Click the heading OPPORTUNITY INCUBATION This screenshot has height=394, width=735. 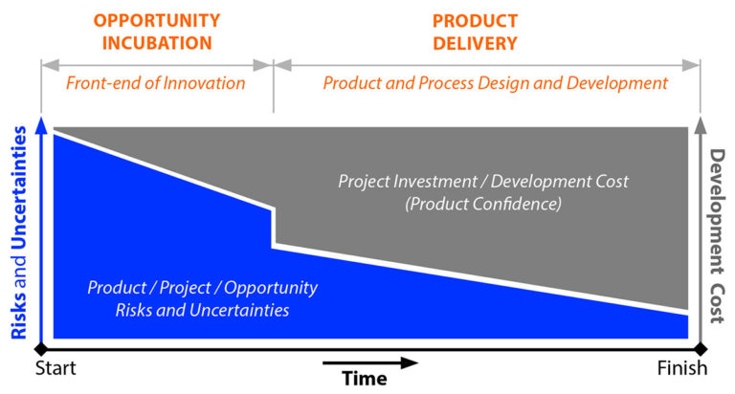click(x=157, y=31)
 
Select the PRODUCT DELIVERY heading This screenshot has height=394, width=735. click(x=475, y=31)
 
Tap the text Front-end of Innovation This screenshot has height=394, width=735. click(x=156, y=83)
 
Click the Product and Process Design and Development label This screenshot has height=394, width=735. click(x=495, y=83)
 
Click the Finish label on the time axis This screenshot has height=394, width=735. click(x=682, y=368)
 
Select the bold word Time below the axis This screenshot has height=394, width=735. click(x=365, y=379)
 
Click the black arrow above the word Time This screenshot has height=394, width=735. click(x=369, y=362)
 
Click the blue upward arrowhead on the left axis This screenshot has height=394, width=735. click(x=40, y=123)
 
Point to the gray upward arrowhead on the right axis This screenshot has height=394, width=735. click(x=702, y=123)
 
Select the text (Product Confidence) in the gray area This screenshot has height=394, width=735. click(x=483, y=205)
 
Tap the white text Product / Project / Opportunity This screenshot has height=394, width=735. click(x=202, y=288)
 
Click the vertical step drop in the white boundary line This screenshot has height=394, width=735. click(x=275, y=228)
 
